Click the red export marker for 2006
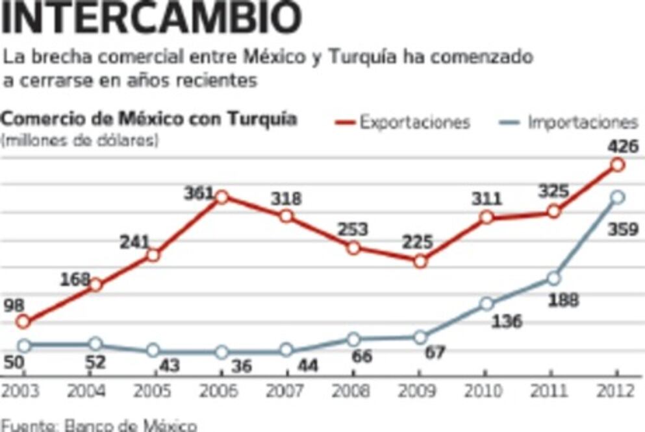(221, 197)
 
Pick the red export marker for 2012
(618, 165)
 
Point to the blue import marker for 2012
(618, 197)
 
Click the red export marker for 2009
(420, 261)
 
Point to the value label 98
(14, 305)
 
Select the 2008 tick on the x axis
(353, 391)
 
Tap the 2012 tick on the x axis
(618, 391)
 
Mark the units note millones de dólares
(81, 139)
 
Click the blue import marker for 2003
(24, 346)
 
